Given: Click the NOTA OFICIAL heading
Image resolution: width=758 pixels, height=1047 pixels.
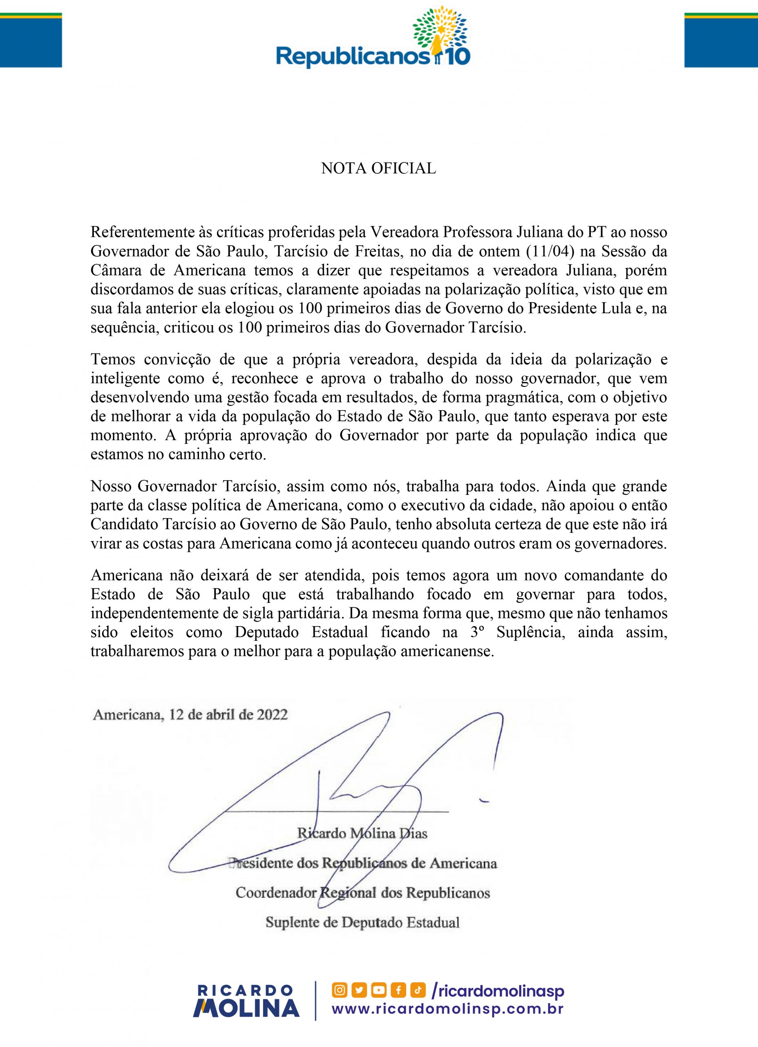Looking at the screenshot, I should click(378, 169).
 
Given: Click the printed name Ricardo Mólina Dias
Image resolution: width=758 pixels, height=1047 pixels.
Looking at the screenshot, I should click(362, 833).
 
